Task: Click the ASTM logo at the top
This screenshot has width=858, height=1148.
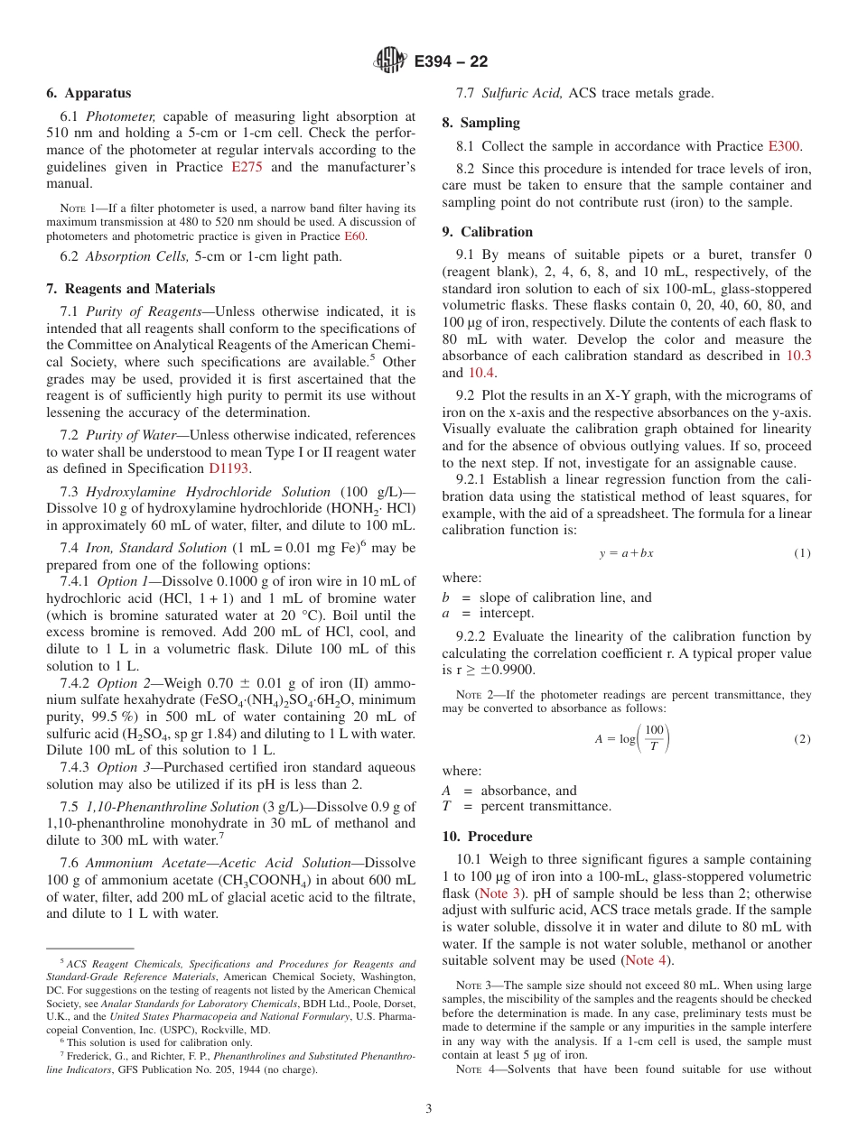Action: [390, 61]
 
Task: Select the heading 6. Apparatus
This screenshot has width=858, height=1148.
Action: [89, 93]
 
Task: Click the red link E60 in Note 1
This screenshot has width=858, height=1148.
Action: [355, 236]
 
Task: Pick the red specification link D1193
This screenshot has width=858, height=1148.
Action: [229, 468]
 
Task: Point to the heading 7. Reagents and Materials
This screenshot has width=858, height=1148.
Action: [131, 289]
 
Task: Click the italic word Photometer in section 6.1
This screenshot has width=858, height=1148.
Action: [127, 116]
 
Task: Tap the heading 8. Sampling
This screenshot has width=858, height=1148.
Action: [480, 123]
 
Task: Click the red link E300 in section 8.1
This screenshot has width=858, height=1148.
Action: [784, 145]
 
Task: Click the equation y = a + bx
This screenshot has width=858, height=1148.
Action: [626, 553]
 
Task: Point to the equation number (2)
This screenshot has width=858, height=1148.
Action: [802, 739]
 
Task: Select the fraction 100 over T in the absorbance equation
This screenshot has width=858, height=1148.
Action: [655, 738]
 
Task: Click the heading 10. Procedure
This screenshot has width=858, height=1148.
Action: [487, 836]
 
